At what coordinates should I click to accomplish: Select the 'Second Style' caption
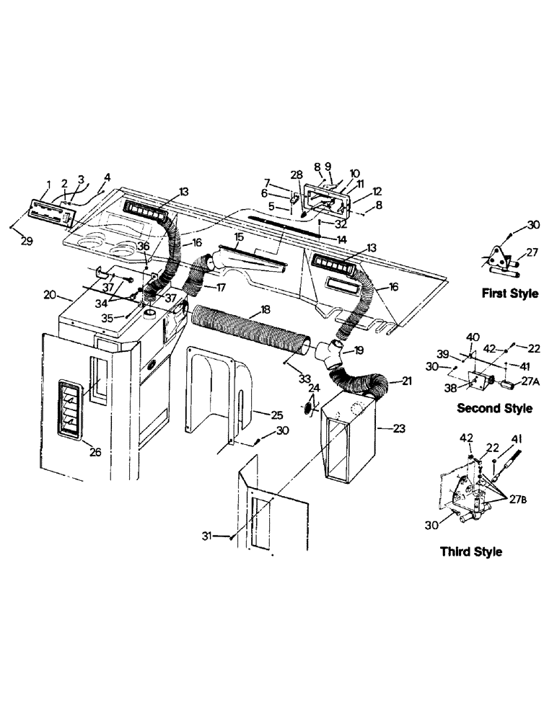495,408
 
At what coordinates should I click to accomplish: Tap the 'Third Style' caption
470,552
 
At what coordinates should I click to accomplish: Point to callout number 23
398,428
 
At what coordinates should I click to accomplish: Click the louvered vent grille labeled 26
72,408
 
